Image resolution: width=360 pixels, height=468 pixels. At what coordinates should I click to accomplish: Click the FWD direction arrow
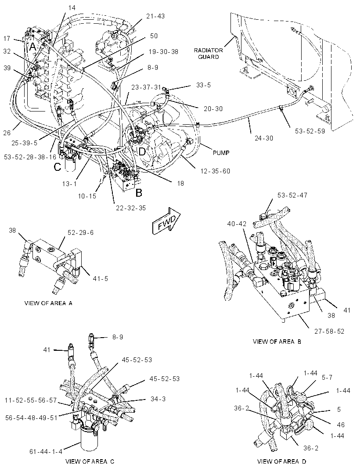(x=166, y=220)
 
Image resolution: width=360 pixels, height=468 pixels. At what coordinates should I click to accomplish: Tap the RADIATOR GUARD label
(x=209, y=54)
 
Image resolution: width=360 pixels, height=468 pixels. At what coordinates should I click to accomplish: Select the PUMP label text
(x=221, y=153)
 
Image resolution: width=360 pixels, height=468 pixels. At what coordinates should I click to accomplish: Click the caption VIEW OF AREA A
(x=48, y=303)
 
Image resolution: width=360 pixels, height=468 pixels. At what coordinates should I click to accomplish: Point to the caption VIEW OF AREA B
(x=277, y=342)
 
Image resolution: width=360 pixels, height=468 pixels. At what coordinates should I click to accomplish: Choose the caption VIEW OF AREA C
(x=90, y=461)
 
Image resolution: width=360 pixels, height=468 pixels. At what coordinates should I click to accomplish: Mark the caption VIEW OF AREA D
(x=282, y=461)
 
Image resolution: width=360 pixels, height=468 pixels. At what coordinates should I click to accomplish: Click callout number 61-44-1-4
(x=46, y=452)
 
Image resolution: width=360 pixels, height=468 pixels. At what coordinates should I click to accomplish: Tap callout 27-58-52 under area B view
(x=329, y=331)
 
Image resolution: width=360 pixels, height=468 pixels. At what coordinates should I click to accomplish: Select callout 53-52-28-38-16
(x=30, y=157)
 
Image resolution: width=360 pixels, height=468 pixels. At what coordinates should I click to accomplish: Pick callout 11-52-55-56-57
(x=31, y=400)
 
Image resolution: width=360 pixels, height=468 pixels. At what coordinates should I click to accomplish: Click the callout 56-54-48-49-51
(x=31, y=418)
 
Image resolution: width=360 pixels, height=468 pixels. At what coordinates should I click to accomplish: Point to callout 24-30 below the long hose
(x=264, y=138)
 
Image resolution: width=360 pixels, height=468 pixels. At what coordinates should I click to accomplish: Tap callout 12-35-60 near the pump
(x=215, y=171)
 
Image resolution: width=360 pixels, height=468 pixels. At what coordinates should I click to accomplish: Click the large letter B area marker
(x=139, y=193)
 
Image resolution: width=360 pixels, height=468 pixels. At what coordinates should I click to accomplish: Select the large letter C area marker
(x=58, y=167)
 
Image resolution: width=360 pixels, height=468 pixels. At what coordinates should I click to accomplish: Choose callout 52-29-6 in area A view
(x=80, y=232)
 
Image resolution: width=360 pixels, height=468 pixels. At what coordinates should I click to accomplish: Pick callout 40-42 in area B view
(x=237, y=224)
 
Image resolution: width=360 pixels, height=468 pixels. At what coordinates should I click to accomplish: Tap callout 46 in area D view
(x=341, y=425)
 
